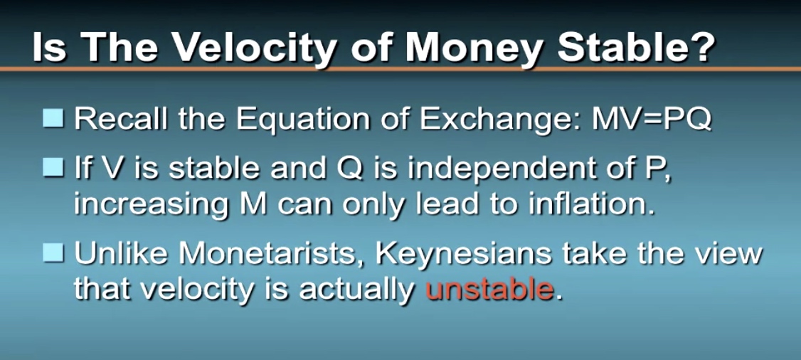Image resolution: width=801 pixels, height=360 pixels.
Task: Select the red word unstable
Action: (489, 289)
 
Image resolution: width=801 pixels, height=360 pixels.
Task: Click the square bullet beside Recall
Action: (53, 119)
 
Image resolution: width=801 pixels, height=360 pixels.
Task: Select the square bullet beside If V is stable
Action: (53, 168)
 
